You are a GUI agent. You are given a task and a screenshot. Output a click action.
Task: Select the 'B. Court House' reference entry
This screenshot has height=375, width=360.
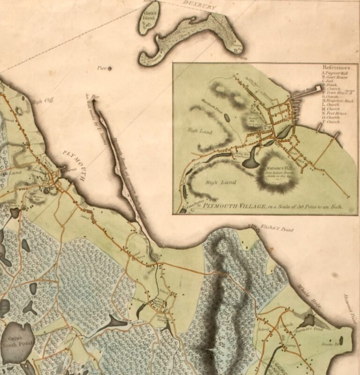[333, 77]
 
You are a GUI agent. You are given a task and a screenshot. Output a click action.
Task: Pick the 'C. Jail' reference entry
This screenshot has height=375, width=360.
[328, 82]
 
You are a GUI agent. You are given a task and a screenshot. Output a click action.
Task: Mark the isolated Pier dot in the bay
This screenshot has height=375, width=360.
[110, 69]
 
